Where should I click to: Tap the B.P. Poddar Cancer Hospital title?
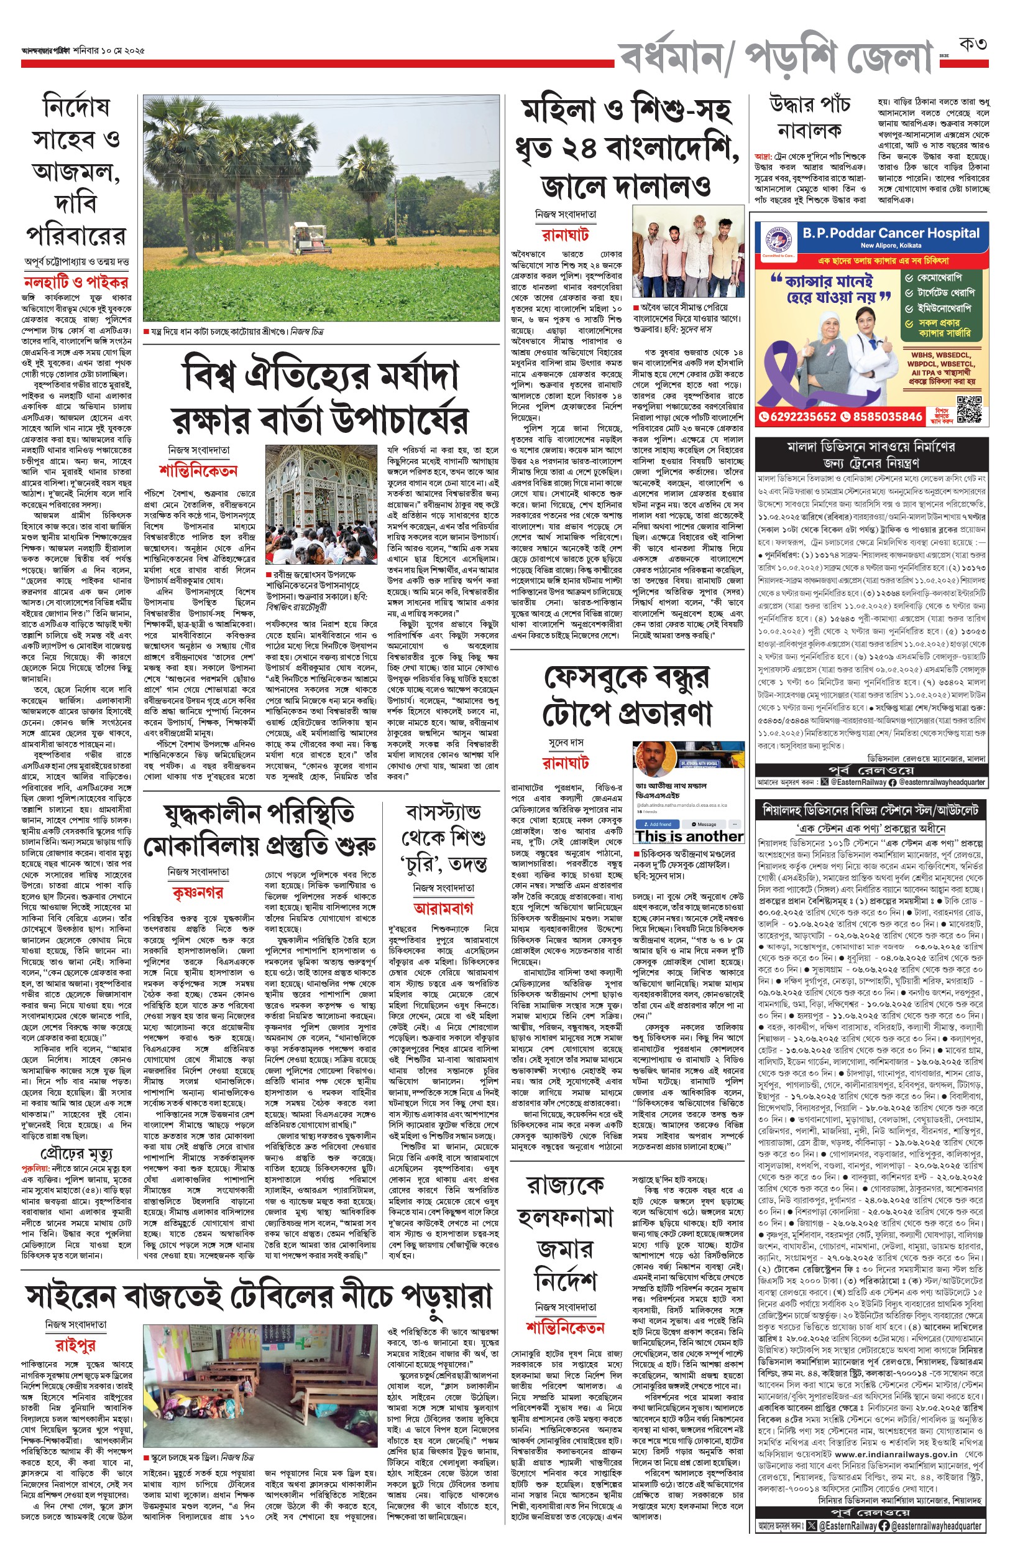[891, 233]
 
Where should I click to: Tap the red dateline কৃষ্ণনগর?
[198, 893]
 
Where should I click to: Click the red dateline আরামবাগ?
[443, 908]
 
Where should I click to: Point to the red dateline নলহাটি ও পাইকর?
[76, 283]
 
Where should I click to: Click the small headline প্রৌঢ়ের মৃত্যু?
[76, 1154]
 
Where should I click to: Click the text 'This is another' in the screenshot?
[689, 837]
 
